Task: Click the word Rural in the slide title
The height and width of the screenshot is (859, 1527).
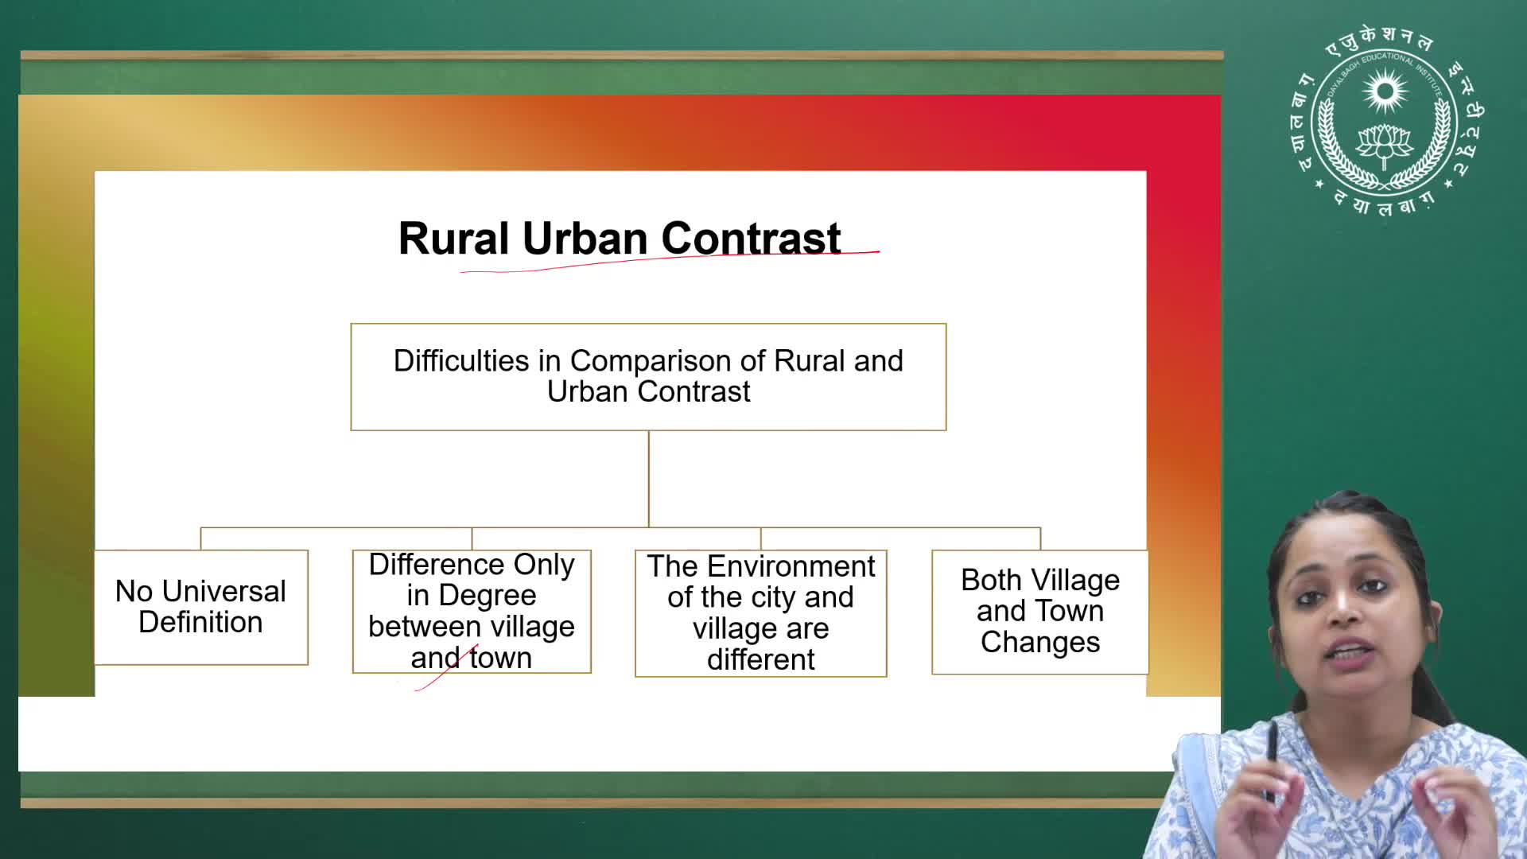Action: point(453,238)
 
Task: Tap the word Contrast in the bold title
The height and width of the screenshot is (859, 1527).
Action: point(751,238)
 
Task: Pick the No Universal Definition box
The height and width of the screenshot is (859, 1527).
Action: point(201,607)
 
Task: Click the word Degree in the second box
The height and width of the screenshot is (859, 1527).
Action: point(488,596)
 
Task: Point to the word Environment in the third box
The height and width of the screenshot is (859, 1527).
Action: point(791,566)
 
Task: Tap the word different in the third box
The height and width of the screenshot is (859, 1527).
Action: point(761,659)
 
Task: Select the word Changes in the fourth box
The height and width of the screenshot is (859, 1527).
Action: point(1040,642)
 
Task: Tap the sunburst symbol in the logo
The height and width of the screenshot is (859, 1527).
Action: point(1385,90)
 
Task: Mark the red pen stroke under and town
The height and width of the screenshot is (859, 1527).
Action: point(447,668)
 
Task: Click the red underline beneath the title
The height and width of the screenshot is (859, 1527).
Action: point(670,262)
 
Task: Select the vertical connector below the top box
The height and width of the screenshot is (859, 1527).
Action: point(649,479)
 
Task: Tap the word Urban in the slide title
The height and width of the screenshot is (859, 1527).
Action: point(585,238)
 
